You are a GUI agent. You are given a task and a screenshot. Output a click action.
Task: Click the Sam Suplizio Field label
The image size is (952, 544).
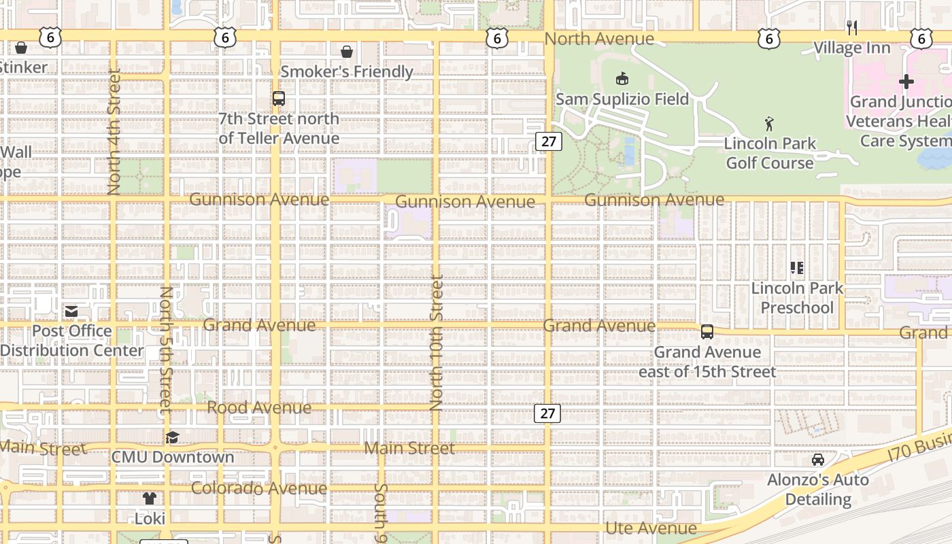(622, 99)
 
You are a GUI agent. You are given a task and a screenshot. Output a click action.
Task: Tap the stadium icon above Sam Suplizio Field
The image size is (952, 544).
(622, 78)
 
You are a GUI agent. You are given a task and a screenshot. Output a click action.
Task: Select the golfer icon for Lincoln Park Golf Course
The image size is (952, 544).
(769, 124)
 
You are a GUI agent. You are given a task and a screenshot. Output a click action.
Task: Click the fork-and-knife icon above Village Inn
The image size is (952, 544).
(851, 28)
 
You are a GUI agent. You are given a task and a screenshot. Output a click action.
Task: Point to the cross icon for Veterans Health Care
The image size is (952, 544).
(906, 82)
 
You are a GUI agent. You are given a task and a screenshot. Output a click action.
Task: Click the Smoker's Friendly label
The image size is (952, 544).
(347, 71)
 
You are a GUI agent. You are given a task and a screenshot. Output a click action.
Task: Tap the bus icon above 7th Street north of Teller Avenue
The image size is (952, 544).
(279, 99)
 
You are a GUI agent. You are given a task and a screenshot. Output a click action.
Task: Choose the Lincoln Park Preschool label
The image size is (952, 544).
(797, 298)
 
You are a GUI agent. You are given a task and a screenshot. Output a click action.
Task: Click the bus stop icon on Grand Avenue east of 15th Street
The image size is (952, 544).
(707, 332)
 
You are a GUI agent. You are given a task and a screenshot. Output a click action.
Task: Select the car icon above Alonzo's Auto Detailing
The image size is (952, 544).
(818, 460)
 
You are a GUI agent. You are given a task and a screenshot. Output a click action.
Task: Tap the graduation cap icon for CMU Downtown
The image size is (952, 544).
(173, 437)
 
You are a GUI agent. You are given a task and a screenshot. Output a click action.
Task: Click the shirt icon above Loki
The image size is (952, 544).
(150, 498)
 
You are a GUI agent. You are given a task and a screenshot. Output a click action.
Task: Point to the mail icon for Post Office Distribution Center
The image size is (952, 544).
(71, 311)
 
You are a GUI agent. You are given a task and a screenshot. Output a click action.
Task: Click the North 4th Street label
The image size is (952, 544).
(114, 131)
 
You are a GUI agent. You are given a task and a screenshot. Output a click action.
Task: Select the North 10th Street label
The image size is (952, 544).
(437, 342)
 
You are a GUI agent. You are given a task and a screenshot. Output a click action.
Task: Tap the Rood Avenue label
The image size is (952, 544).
(259, 407)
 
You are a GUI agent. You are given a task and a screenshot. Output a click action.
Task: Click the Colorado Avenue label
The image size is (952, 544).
(259, 488)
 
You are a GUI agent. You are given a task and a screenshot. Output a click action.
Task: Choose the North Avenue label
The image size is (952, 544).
(599, 39)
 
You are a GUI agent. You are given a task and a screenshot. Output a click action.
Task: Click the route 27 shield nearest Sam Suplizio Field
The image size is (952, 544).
(548, 141)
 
